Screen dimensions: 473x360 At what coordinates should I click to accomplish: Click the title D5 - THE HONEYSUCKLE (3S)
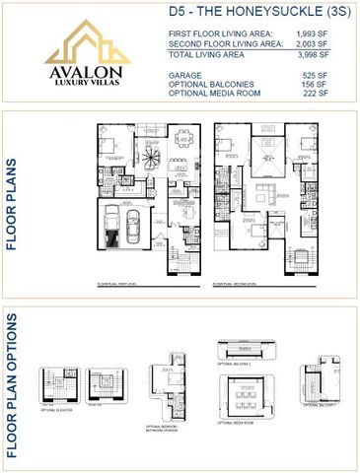click(251, 12)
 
